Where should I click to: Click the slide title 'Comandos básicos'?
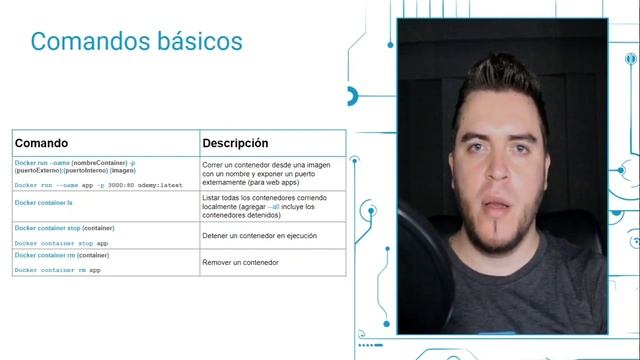tap(136, 42)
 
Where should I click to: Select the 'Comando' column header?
tap(41, 143)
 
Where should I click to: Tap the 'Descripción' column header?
tap(235, 143)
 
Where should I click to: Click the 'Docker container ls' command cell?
tap(44, 202)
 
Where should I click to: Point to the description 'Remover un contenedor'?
tap(240, 262)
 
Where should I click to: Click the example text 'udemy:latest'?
tap(161, 185)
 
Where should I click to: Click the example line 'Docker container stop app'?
tap(61, 243)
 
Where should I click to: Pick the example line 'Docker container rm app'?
tap(57, 270)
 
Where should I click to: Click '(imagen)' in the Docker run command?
tap(122, 171)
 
